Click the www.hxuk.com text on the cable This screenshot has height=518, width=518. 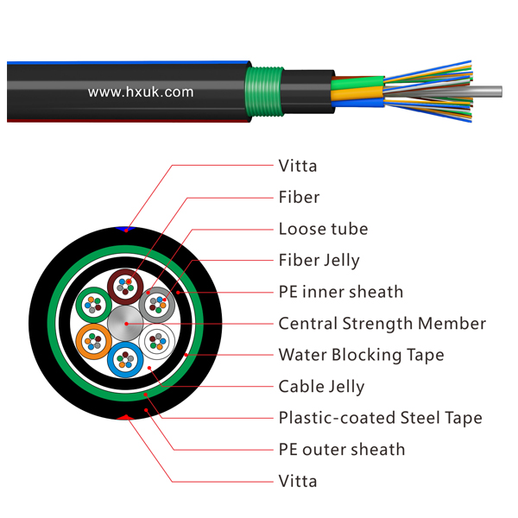[141, 92]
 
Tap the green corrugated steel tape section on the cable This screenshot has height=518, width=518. [264, 92]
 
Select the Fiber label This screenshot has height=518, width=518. [299, 197]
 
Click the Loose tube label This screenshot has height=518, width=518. [323, 229]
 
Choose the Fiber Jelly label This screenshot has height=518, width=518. [319, 261]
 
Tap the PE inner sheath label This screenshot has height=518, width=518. [341, 292]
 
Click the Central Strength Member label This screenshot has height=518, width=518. [382, 324]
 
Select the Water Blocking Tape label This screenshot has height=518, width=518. [361, 355]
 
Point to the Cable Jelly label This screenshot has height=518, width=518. [321, 387]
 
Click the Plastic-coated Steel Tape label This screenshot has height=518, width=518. [380, 418]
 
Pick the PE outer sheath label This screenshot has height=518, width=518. [342, 450]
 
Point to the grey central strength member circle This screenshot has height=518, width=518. [125, 323]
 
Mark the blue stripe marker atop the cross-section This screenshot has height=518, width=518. [125, 229]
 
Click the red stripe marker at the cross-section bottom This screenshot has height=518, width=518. [125, 418]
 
